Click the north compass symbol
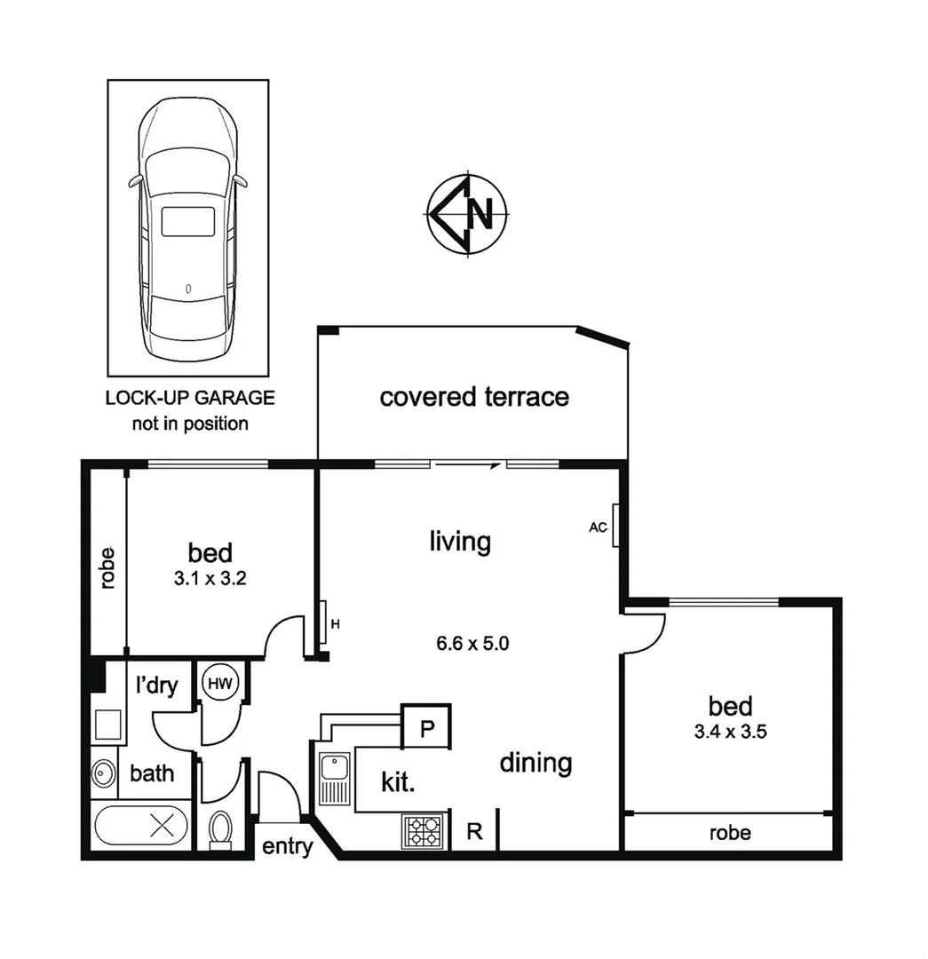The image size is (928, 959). (467, 214)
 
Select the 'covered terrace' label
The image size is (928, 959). (474, 396)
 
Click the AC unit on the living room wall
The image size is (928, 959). (615, 527)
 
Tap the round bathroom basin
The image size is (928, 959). (103, 773)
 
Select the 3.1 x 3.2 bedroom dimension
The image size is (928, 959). (210, 578)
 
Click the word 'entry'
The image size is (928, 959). (287, 846)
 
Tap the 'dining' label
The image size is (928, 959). (535, 763)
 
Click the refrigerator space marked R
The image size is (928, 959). (474, 832)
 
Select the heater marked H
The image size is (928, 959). (326, 624)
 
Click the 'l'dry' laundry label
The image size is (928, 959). (156, 685)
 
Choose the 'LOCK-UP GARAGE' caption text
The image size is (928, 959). (190, 398)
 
